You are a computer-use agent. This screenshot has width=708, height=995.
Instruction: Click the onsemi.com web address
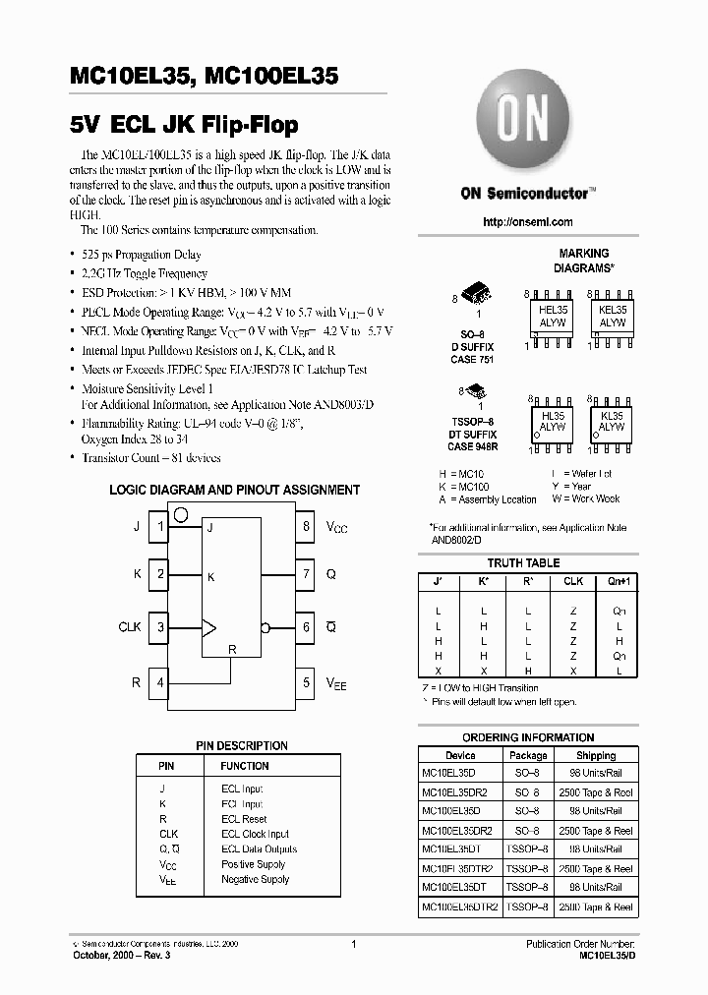tap(528, 222)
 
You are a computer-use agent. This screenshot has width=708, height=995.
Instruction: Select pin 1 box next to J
tap(160, 527)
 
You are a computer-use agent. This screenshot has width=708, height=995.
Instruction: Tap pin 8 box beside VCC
tap(307, 527)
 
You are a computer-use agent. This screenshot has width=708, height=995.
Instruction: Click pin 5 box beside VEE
tap(307, 681)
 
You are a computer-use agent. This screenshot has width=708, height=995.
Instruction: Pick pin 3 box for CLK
tap(160, 626)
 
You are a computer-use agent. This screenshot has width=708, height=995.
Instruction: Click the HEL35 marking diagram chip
tap(553, 315)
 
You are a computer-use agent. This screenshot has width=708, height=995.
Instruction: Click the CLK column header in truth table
tap(573, 581)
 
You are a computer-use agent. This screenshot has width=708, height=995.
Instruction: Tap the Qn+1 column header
tap(619, 581)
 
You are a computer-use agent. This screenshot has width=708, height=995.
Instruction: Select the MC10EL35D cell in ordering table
tap(448, 773)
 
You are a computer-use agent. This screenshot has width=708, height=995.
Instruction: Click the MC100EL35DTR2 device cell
tap(460, 907)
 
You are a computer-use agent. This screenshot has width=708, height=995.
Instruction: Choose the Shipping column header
tap(596, 755)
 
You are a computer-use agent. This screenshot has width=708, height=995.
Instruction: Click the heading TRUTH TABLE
tap(523, 563)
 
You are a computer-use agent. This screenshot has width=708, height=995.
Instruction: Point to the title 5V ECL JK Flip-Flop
tap(185, 126)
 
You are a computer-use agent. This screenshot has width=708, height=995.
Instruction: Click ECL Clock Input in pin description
tap(255, 834)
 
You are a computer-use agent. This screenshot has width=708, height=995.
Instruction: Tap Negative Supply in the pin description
tap(255, 880)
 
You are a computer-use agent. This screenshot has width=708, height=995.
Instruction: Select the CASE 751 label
tap(472, 360)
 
